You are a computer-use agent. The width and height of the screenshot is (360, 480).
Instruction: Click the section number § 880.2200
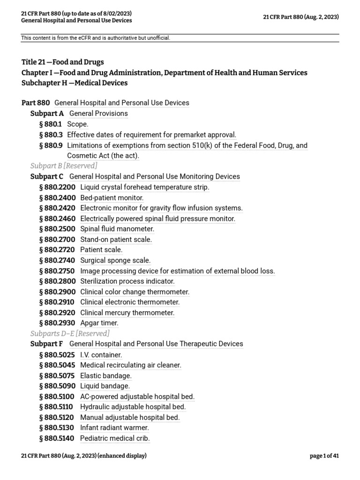point(57,187)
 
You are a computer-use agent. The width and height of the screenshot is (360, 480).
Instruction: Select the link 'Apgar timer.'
point(99,323)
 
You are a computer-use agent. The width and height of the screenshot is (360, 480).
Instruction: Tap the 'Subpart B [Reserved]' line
point(64,166)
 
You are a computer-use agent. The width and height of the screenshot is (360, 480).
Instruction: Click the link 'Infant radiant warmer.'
point(114,427)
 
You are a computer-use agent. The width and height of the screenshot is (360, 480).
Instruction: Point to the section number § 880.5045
point(57,365)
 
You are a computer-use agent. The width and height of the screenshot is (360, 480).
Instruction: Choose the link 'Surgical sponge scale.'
point(115,260)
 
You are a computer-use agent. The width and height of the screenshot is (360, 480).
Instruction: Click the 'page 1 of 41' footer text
point(324,456)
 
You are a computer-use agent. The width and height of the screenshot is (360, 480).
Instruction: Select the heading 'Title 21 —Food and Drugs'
point(63,62)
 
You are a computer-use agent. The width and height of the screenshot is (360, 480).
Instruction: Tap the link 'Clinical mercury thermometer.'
point(127,313)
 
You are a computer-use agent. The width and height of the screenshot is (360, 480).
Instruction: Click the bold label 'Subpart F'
point(46,344)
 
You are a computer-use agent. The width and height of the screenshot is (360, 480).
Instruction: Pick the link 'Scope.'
point(78,124)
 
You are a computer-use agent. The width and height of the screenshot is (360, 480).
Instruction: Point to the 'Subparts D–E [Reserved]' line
point(70,333)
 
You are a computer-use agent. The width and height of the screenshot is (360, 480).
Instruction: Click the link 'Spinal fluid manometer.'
point(117,229)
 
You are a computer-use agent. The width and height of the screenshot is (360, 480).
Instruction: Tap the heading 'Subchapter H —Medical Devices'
point(75,83)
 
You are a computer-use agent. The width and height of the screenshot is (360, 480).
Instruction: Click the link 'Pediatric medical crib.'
point(115,438)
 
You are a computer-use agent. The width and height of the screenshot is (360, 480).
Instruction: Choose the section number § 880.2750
point(57,271)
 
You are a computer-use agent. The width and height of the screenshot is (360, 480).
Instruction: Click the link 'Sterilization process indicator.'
point(127,281)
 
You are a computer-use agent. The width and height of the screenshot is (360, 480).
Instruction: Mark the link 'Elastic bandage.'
point(106,375)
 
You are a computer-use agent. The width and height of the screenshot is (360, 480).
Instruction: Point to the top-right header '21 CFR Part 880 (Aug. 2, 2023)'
point(301,17)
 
